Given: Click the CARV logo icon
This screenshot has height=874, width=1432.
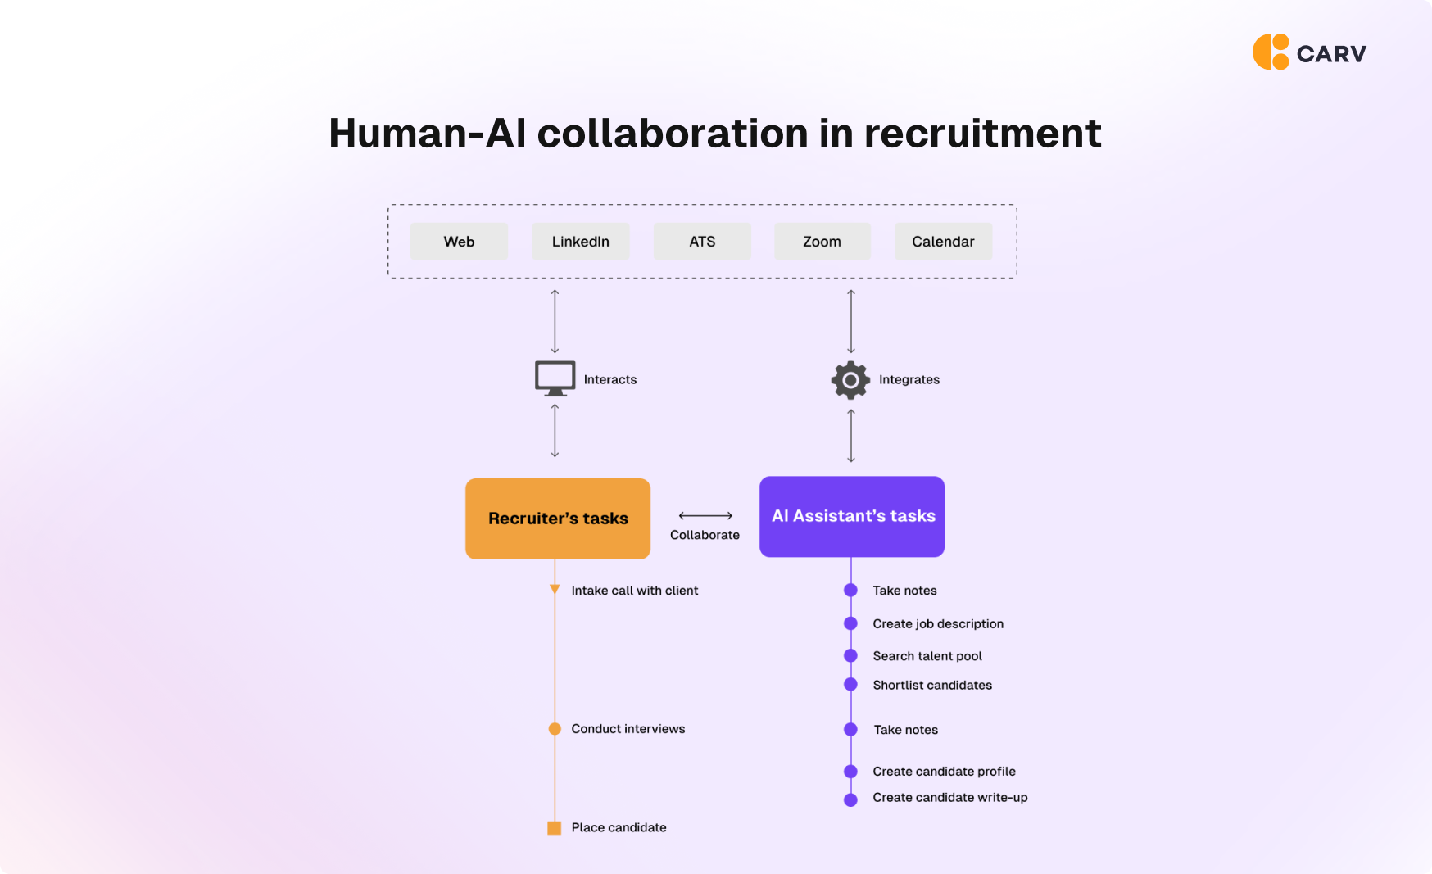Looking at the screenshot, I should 1271,52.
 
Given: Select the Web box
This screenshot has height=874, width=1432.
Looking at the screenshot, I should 459,242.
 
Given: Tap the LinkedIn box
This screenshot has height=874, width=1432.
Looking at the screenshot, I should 580,242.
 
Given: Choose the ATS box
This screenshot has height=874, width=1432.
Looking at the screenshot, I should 702,242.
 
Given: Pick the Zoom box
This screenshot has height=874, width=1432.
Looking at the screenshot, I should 822,242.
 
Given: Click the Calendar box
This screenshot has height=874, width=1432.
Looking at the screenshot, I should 943,242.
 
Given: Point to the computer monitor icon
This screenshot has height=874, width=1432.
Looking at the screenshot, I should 555,378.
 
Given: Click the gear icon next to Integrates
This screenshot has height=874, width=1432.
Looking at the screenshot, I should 850,380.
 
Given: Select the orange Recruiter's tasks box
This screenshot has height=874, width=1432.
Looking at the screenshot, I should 558,519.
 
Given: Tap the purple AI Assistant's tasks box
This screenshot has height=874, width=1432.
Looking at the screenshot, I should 852,516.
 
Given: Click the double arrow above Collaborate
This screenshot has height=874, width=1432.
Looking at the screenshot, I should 705,515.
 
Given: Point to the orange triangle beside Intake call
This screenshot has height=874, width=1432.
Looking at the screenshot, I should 555,590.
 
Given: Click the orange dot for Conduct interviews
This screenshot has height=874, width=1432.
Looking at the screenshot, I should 555,729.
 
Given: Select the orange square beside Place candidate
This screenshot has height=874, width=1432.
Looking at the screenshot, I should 555,828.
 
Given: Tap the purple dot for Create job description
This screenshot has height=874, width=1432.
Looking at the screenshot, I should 850,623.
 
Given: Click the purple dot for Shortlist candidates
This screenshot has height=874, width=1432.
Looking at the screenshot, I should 850,685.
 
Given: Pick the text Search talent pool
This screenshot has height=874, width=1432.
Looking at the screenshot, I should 927,656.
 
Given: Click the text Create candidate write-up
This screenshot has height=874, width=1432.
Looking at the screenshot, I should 949,798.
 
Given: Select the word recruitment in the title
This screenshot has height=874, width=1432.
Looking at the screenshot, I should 982,134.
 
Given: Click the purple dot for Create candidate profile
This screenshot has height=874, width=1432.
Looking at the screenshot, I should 850,772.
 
